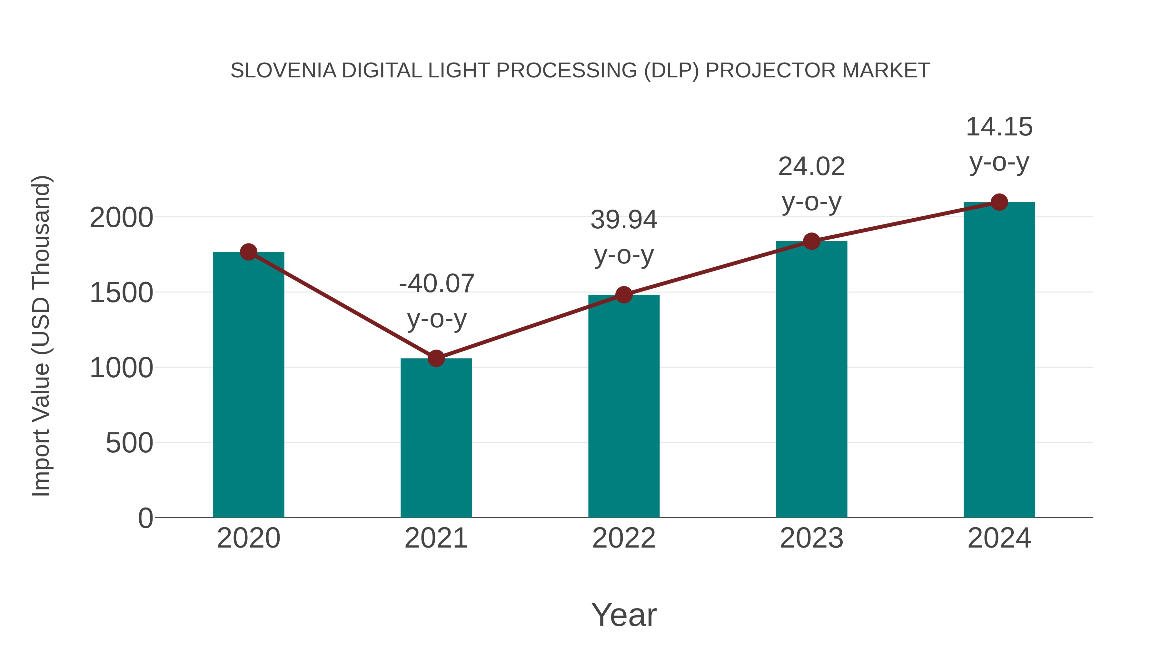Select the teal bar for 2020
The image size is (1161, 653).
click(248, 388)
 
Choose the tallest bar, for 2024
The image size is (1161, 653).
click(999, 361)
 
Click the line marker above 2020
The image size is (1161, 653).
click(248, 252)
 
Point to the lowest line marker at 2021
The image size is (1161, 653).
click(436, 358)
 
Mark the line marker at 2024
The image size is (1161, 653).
click(999, 202)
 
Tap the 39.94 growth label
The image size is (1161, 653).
click(624, 220)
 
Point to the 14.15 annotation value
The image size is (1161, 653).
click(999, 127)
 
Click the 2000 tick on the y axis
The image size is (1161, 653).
click(121, 218)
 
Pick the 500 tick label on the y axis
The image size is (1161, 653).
click(129, 443)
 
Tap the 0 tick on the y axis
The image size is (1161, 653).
click(145, 518)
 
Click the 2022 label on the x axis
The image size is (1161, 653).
click(623, 538)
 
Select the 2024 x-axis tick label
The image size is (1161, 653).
click(999, 538)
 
